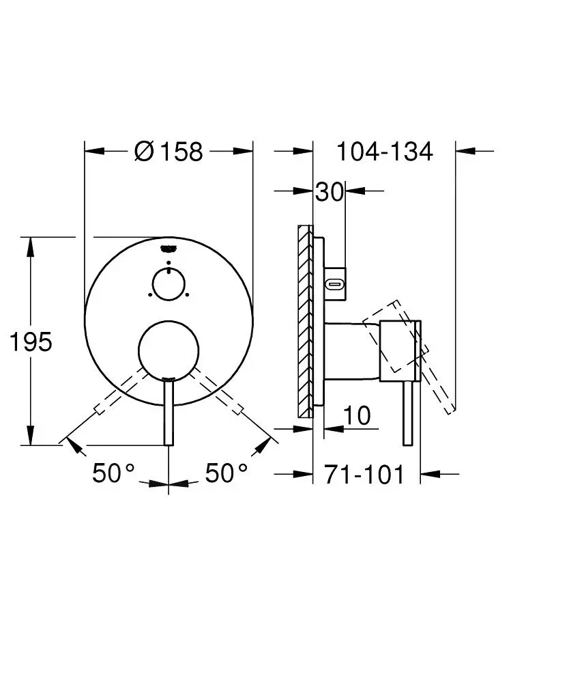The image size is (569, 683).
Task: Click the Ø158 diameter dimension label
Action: click(x=169, y=152)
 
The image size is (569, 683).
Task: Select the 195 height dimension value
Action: click(x=31, y=342)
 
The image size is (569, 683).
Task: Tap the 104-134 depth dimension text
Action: click(x=385, y=152)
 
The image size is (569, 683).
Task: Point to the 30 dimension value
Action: click(x=330, y=191)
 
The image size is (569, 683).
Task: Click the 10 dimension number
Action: click(x=357, y=415)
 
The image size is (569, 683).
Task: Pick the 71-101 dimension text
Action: click(x=364, y=475)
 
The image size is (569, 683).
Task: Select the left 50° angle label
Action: click(x=113, y=473)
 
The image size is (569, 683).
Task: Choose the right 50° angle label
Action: click(x=227, y=473)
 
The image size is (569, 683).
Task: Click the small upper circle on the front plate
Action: click(x=169, y=284)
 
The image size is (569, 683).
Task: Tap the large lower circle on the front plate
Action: click(x=169, y=351)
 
